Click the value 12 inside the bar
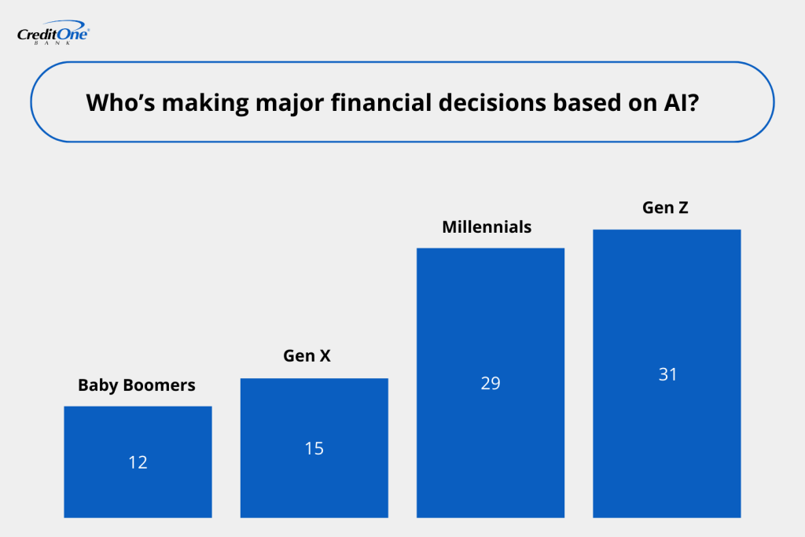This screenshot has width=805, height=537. [138, 462]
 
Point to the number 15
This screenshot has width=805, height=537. [314, 449]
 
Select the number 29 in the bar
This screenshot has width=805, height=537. [490, 384]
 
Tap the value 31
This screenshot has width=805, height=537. [667, 374]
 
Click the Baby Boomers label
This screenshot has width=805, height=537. [137, 385]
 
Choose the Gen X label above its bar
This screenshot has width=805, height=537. [307, 355]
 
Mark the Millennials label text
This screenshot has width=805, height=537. [487, 227]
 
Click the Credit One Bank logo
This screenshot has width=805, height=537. [53, 35]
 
